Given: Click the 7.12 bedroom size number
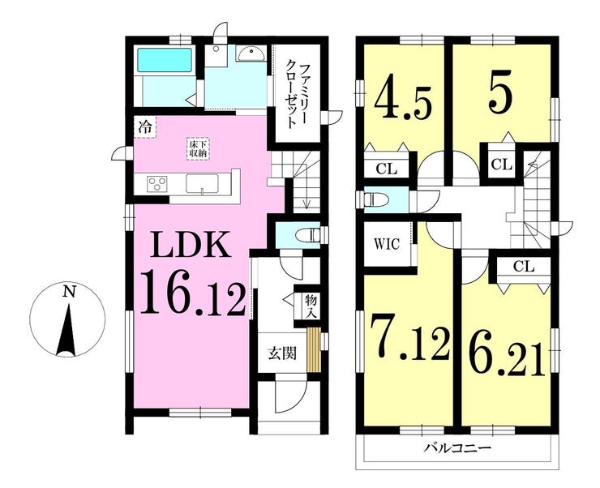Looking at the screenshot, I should pos(410,340).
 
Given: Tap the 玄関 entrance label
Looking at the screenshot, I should pos(281,353).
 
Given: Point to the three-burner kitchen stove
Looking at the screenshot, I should pos(156,183).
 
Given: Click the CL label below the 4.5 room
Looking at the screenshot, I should pos(386,169).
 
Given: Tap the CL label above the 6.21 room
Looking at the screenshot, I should pos(523,265).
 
